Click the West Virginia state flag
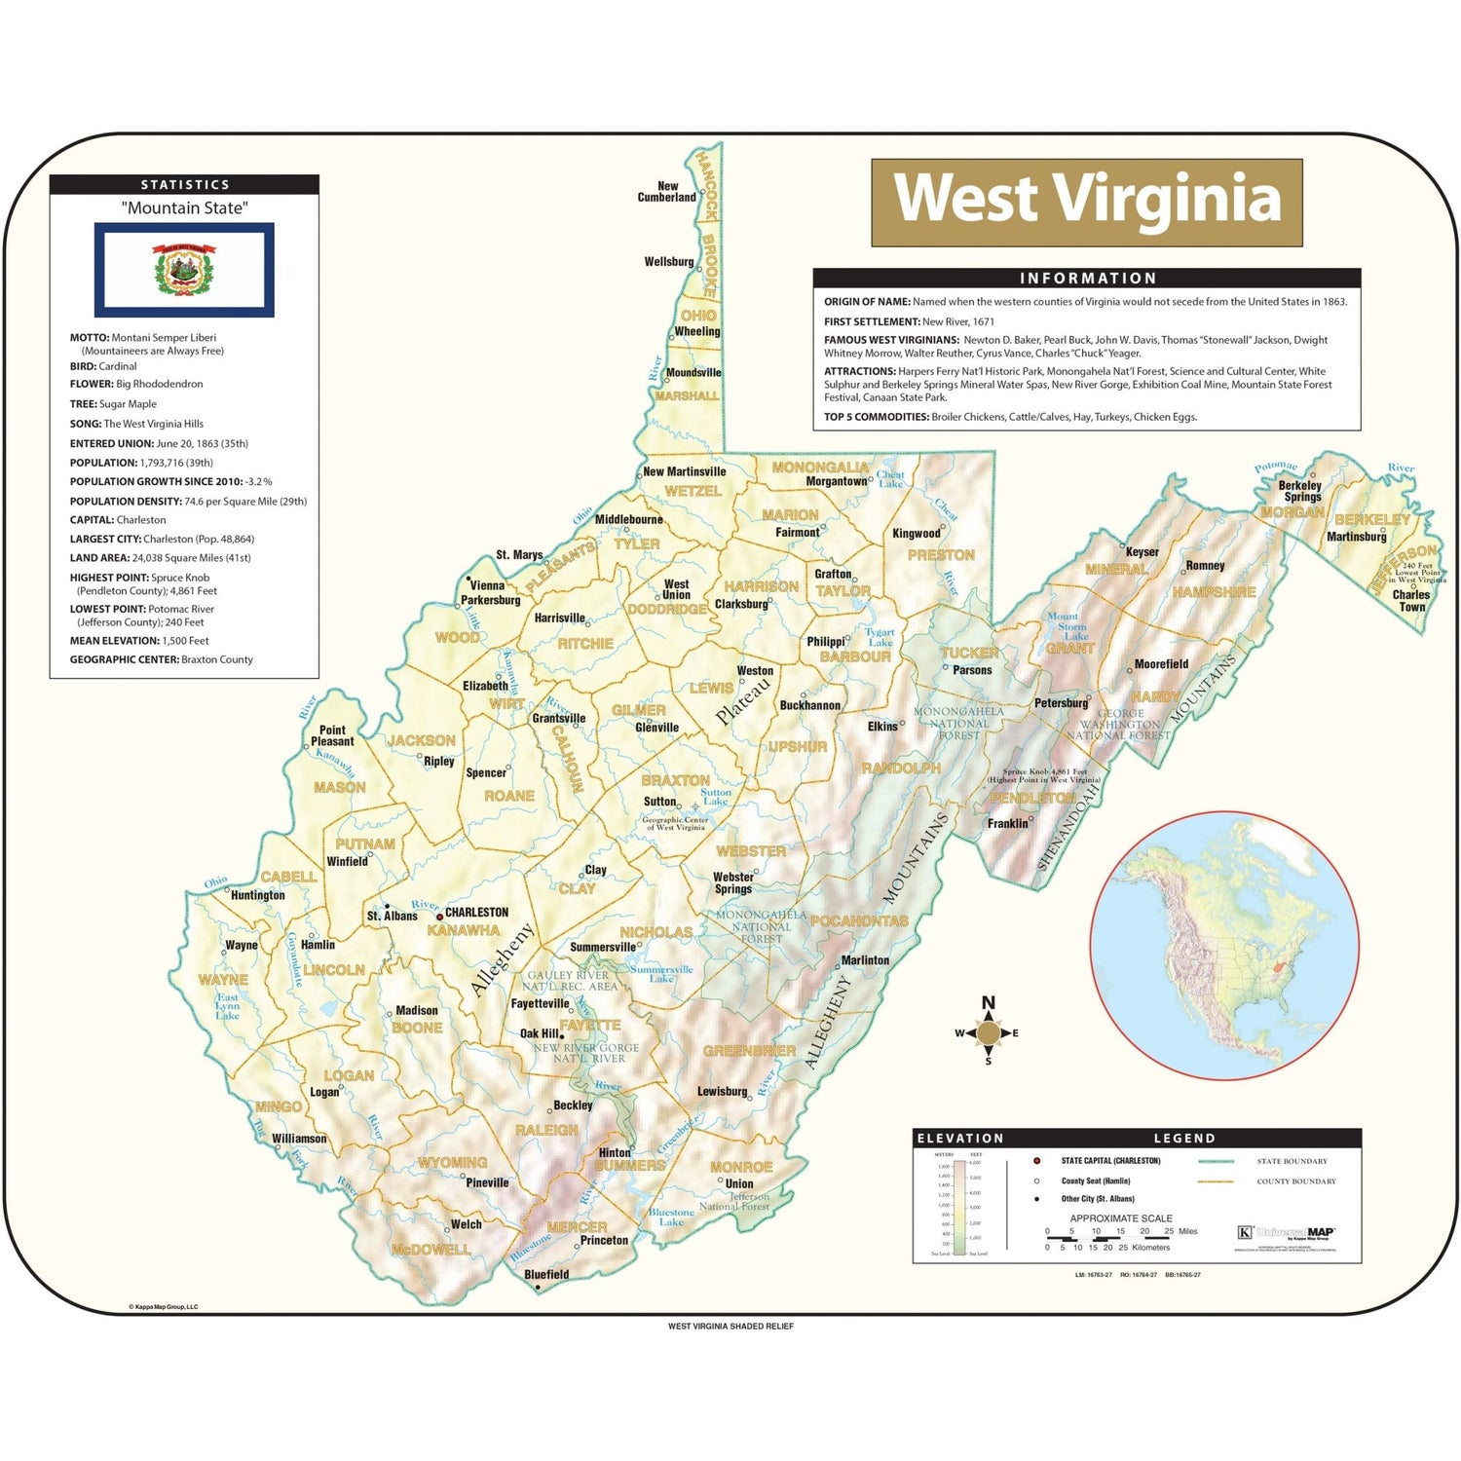click(184, 270)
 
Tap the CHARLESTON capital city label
click(476, 913)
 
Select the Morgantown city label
click(836, 481)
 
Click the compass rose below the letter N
click(988, 1033)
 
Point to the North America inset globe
click(1224, 946)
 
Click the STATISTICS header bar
click(184, 184)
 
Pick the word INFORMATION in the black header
click(1087, 279)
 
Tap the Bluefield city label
click(546, 1274)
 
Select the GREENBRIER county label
click(749, 1051)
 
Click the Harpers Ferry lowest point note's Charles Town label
click(1410, 600)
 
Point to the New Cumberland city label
click(666, 192)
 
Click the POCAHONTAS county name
click(858, 920)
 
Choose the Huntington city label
click(258, 895)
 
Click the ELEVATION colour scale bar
click(959, 1206)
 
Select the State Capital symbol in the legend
click(1036, 1161)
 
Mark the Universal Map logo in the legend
click(1286, 1233)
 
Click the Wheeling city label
click(697, 331)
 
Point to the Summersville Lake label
click(661, 974)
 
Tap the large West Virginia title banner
click(1086, 203)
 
